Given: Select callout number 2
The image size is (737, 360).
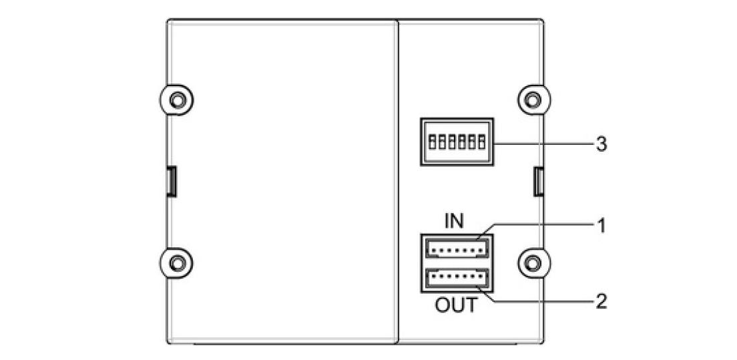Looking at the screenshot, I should (601, 301).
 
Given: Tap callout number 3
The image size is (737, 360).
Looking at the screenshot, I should (601, 144).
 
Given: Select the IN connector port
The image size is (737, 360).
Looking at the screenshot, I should (455, 249).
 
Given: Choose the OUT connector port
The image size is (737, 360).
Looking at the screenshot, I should (455, 279).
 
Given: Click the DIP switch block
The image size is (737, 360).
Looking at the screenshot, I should (455, 142).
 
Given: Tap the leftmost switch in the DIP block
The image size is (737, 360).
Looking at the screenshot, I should (432, 142).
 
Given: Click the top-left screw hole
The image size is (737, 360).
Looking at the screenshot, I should (176, 100).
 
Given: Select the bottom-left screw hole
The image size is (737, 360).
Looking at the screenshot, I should (176, 262).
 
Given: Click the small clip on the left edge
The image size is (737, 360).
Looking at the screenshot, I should (171, 181).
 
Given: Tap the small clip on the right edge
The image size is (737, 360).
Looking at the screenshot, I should (537, 181).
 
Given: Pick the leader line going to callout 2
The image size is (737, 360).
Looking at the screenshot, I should (541, 302).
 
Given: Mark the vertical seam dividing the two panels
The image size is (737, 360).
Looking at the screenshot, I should (397, 180).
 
